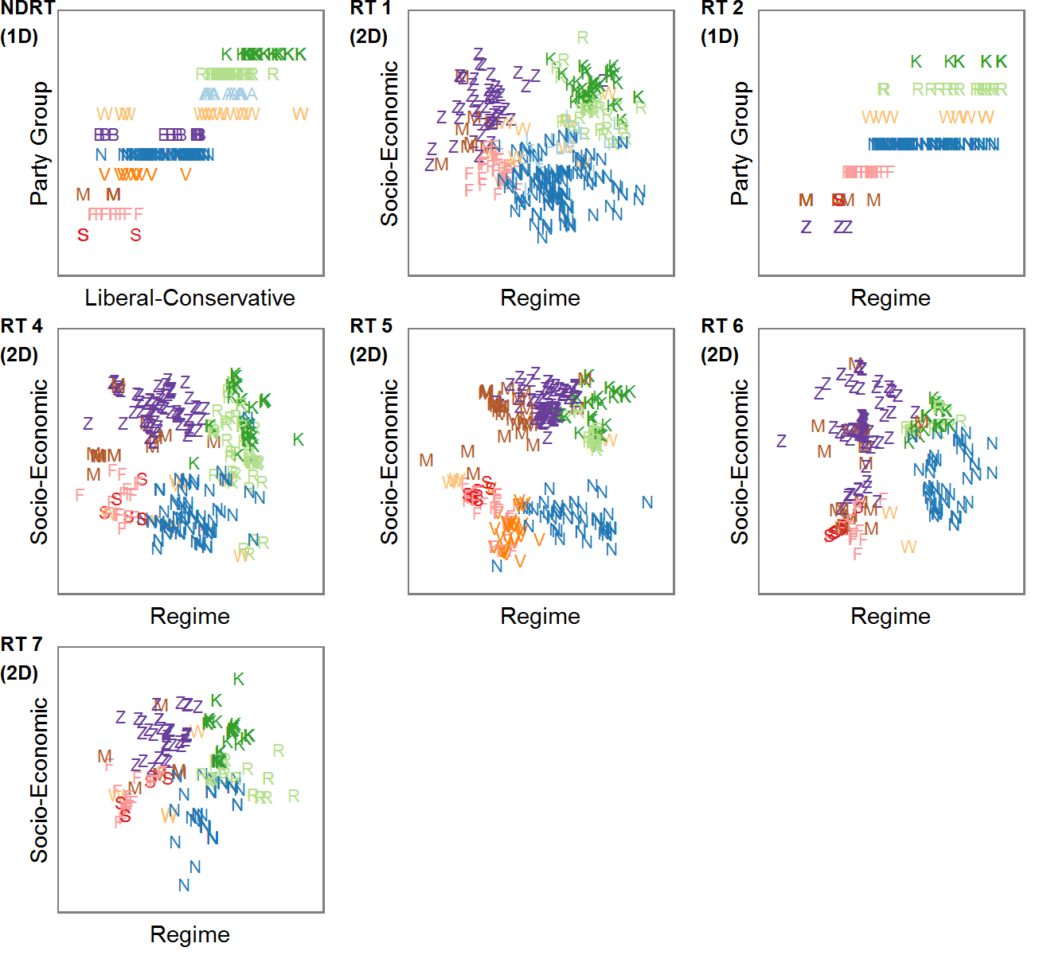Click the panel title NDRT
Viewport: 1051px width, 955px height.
point(28,9)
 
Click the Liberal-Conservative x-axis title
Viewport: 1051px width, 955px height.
point(189,298)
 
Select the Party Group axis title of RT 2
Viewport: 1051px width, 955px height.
point(740,143)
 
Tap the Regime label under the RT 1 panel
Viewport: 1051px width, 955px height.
point(540,298)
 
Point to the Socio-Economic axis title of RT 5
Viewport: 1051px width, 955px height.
point(389,462)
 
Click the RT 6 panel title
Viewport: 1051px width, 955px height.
point(721,326)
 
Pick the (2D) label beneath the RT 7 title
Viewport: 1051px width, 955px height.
point(19,673)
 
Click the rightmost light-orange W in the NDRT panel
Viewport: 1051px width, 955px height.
point(300,115)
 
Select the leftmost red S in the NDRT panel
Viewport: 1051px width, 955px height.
point(83,236)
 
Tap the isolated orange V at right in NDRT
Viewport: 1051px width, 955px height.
point(186,175)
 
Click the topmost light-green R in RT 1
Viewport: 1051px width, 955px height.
point(583,38)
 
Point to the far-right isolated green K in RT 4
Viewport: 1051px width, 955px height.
point(298,440)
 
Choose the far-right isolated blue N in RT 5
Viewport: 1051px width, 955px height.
point(647,503)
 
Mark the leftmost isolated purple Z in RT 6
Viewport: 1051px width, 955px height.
point(781,441)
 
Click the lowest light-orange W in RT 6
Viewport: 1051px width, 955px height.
point(908,548)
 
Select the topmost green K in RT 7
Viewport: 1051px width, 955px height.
point(238,680)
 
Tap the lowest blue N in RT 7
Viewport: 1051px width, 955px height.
point(184,886)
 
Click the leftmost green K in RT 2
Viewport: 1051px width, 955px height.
point(916,62)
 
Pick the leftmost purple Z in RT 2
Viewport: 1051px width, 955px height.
point(806,228)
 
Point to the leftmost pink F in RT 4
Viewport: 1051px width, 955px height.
point(80,496)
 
